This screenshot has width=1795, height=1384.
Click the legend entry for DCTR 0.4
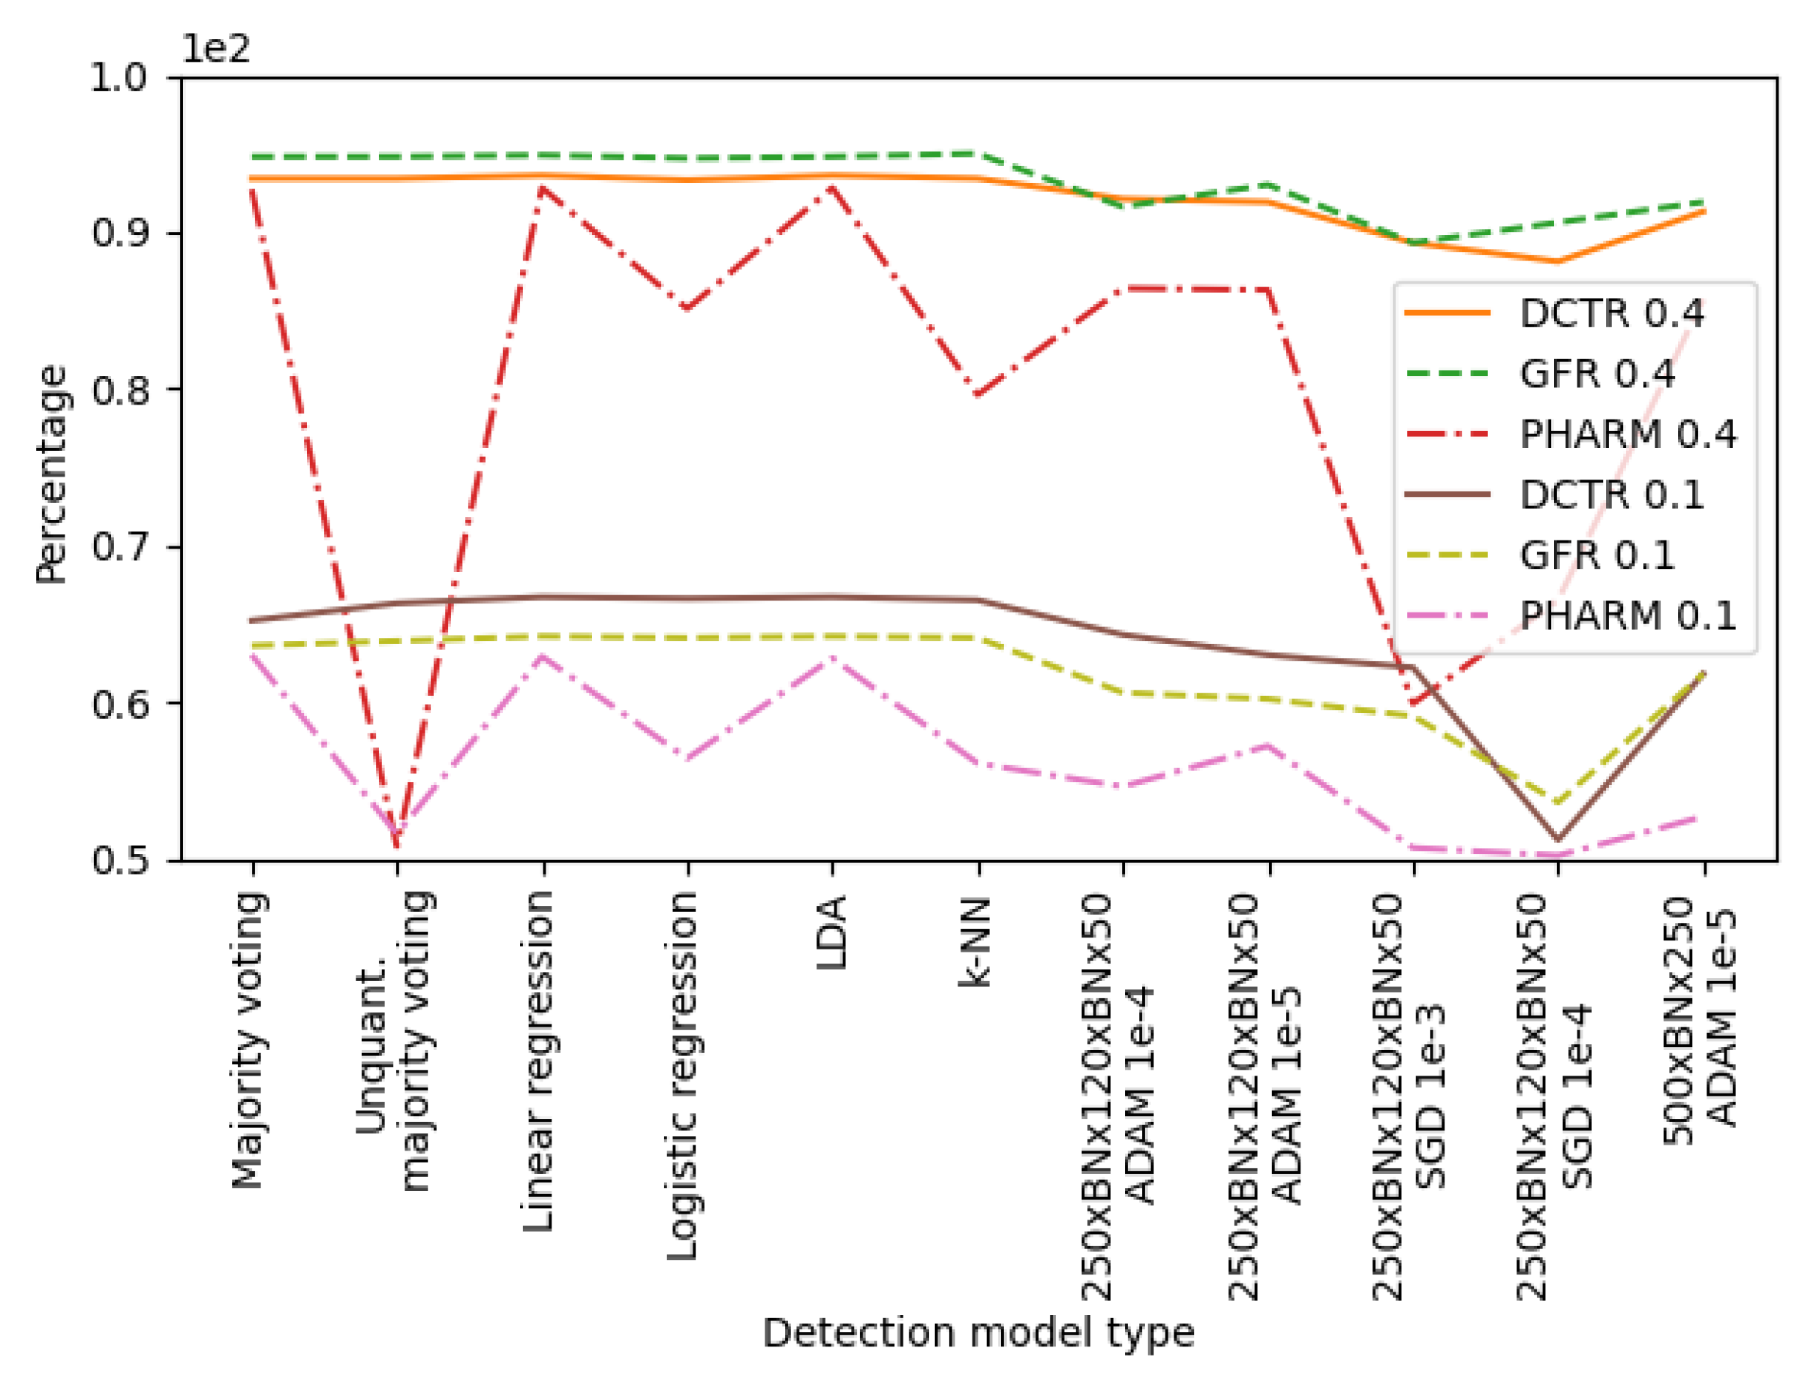[x=1611, y=313]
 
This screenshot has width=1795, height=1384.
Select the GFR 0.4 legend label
[x=1596, y=374]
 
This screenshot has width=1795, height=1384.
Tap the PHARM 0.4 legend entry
[x=1628, y=434]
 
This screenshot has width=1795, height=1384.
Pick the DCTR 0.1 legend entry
[x=1611, y=495]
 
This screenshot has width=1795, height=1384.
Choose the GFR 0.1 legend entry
[x=1596, y=555]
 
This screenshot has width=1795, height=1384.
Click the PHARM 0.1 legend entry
[x=1628, y=615]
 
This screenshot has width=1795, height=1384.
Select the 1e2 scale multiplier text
[x=215, y=49]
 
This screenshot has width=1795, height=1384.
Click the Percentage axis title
[x=51, y=474]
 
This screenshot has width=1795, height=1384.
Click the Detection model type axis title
[x=978, y=1333]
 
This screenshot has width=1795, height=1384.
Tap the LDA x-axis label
[x=832, y=932]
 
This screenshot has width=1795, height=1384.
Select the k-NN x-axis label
[x=976, y=942]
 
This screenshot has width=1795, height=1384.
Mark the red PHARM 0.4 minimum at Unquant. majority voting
[x=398, y=846]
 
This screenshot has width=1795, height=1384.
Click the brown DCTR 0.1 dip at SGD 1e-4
[x=1557, y=839]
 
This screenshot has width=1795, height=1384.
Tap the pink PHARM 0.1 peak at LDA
[x=832, y=657]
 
